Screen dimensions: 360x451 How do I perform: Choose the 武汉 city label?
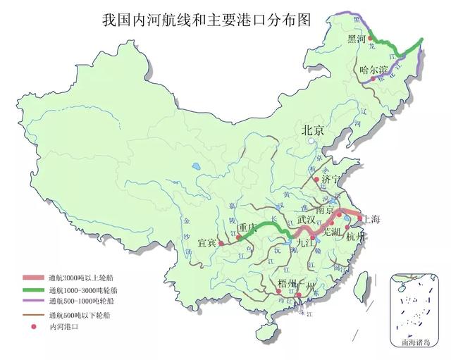307,219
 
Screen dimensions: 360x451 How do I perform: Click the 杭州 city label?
356,236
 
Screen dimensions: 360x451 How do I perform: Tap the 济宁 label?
330,179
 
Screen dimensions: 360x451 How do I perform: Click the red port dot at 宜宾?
221,243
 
